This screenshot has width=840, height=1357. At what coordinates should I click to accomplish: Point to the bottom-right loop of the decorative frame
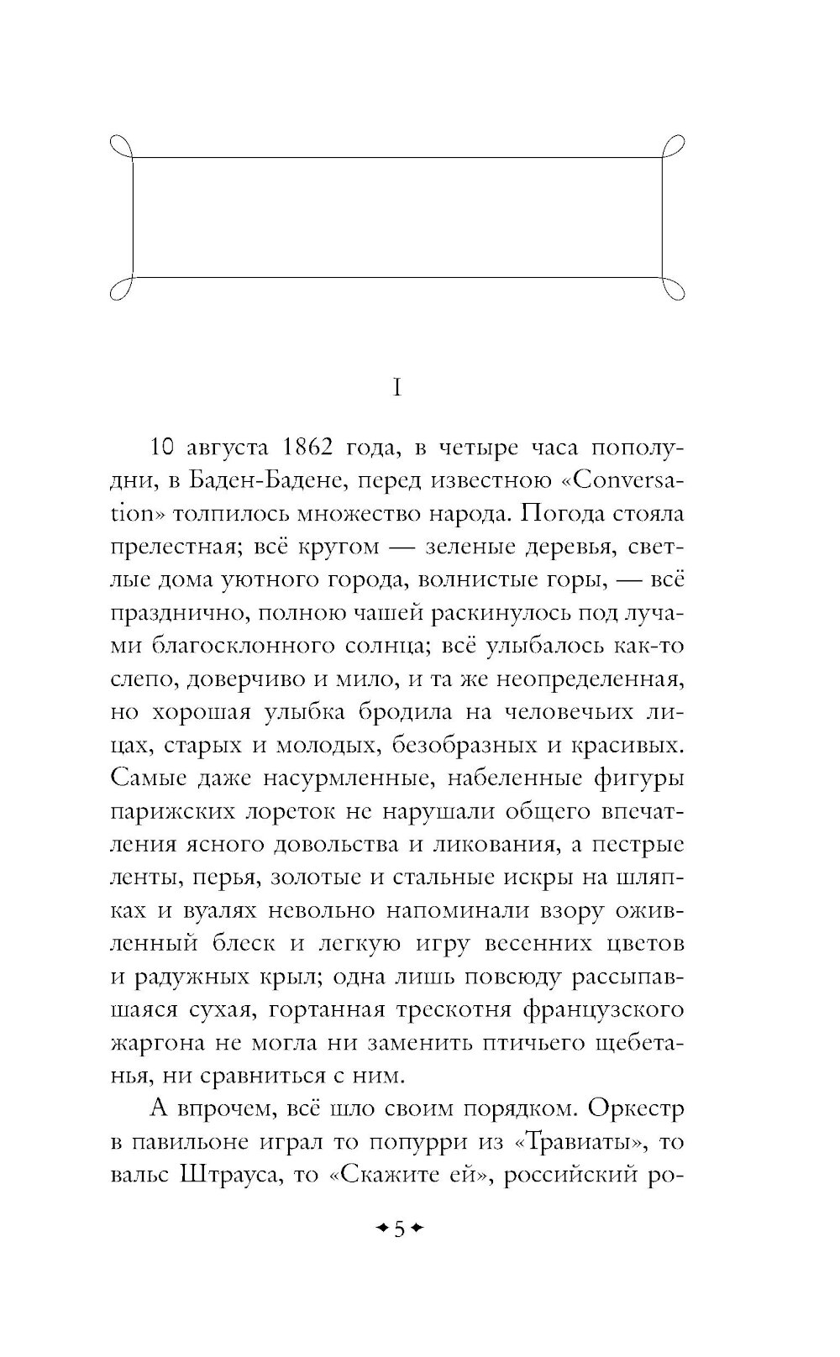point(677,286)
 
